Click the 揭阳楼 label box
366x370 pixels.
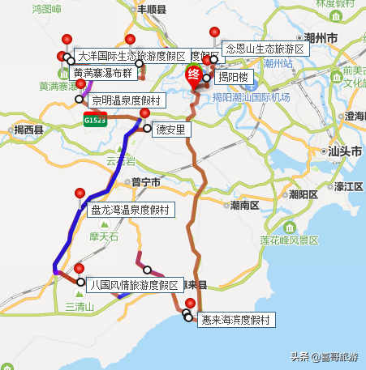(232, 78)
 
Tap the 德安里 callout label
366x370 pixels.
(170, 128)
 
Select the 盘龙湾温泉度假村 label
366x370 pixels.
(131, 210)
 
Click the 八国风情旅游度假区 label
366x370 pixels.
(135, 285)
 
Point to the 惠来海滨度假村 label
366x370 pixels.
(236, 320)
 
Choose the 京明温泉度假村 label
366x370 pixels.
(126, 100)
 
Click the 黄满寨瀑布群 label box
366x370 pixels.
(104, 72)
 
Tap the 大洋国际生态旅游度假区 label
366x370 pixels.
(131, 56)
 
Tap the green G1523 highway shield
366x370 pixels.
(94, 119)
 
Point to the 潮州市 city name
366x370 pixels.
(300, 37)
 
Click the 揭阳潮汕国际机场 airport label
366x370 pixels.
(251, 97)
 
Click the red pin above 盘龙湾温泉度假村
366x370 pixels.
(80, 194)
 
